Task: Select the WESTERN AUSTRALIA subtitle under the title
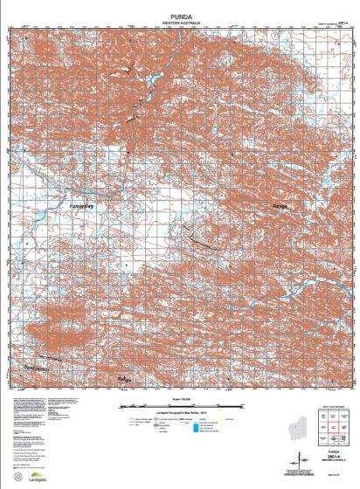tap(181, 20)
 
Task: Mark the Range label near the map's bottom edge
tap(124, 377)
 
